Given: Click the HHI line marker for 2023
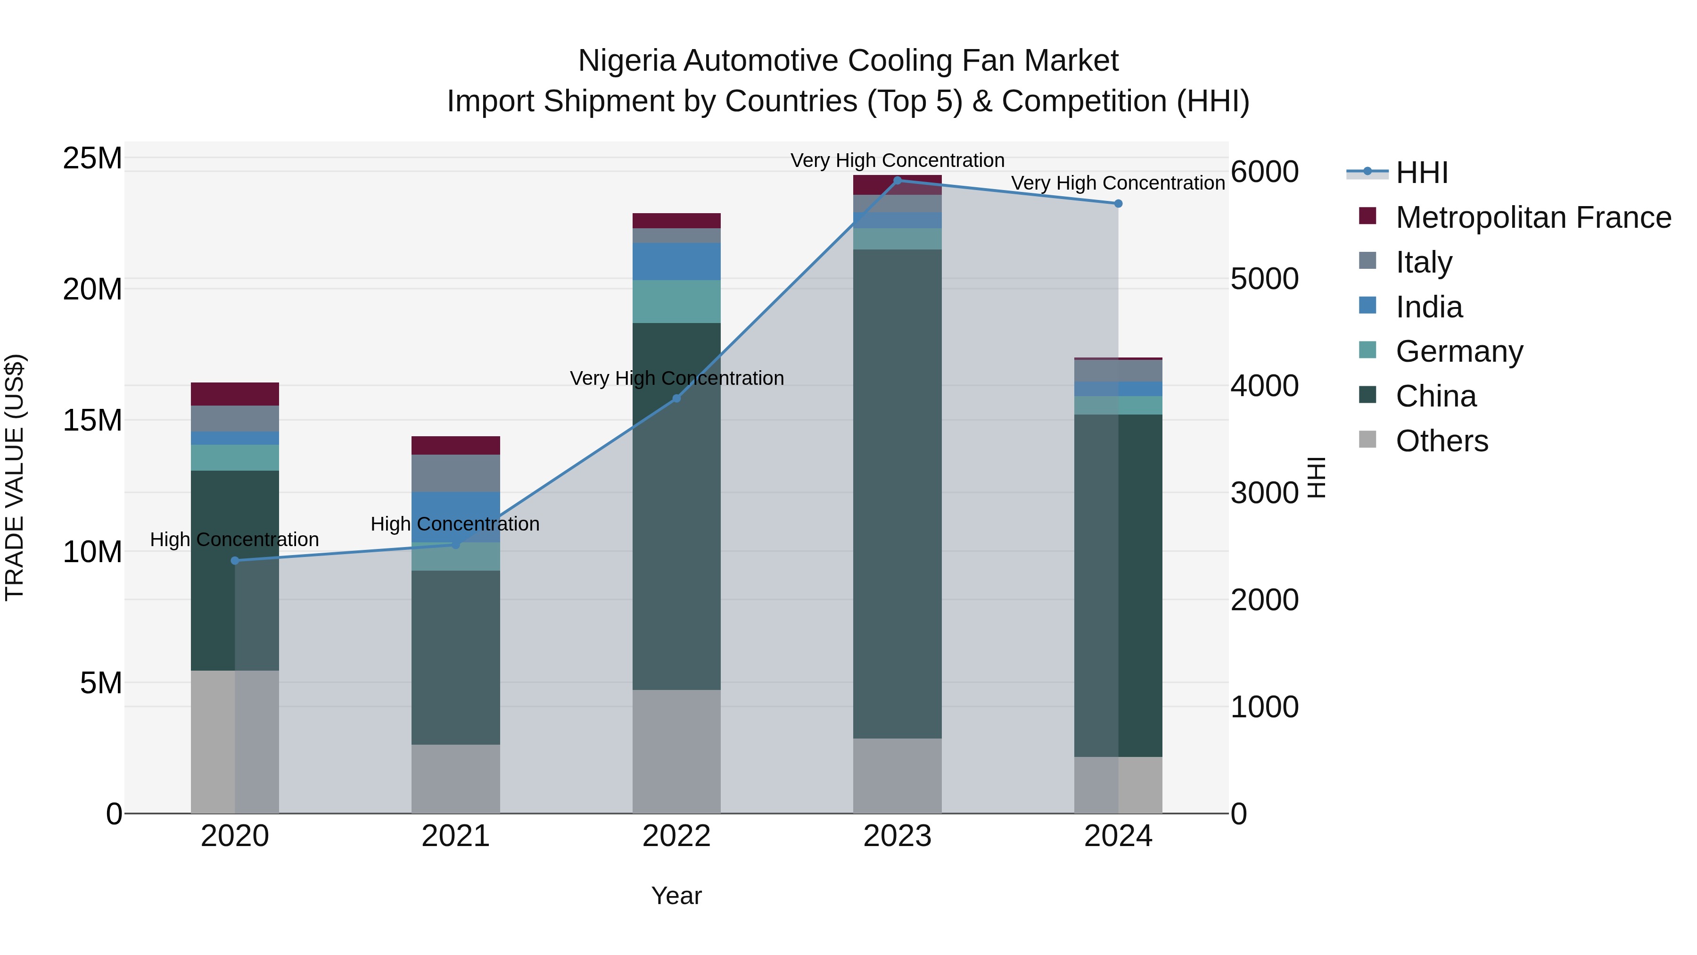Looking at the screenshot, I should [897, 181].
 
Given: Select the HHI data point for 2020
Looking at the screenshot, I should [235, 561].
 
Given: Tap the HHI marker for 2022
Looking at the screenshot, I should [676, 399].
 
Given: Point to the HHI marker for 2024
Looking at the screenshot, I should [1118, 204].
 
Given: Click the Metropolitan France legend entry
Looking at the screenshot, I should [1533, 217].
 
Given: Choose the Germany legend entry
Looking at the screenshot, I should [1458, 351].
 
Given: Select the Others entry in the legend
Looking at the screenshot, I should [1442, 441].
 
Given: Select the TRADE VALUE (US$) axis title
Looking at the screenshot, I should [15, 477].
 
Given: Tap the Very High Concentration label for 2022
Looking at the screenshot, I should [676, 378].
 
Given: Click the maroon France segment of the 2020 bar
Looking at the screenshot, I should [235, 394].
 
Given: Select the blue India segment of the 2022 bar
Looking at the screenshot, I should [676, 262].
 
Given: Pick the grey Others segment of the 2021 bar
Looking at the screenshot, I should [455, 779].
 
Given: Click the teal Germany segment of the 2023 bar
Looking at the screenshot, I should [897, 239].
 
